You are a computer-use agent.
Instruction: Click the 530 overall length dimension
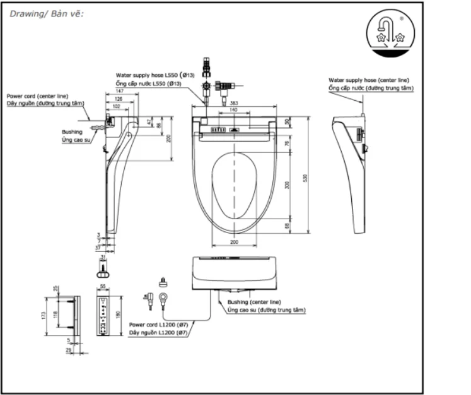pyautogui.click(x=305, y=178)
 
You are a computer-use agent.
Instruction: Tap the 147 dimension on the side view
pyautogui.click(x=119, y=92)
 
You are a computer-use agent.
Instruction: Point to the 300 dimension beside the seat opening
pyautogui.click(x=286, y=185)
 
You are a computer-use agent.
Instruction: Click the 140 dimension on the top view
pyautogui.click(x=233, y=110)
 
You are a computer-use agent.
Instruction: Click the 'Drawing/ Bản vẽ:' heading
pyautogui.click(x=48, y=14)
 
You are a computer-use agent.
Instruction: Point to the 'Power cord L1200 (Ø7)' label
pyautogui.click(x=158, y=324)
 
